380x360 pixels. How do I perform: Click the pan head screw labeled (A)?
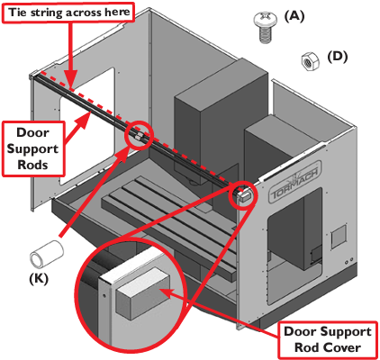[265, 27]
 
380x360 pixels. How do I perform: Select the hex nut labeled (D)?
[310, 61]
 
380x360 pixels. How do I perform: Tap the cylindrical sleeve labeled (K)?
[46, 254]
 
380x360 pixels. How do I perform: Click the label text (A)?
[294, 16]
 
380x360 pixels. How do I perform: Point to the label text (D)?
[338, 57]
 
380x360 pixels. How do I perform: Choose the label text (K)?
[39, 279]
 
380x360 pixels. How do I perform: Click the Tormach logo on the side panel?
[294, 183]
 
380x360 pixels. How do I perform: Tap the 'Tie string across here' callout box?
[68, 13]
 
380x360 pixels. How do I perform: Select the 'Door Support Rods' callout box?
[33, 148]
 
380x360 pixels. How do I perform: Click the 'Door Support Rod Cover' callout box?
[328, 339]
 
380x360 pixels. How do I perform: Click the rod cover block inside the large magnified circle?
[143, 293]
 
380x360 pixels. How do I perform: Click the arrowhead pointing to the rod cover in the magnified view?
[166, 292]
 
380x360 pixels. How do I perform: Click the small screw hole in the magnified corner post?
[104, 295]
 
